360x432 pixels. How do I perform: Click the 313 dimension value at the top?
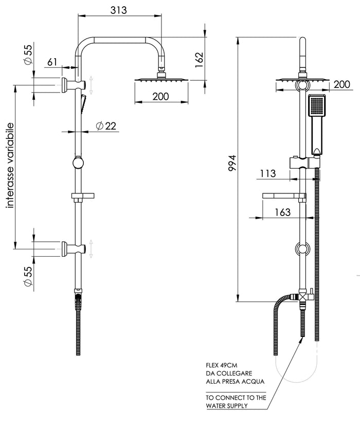coord(119,10)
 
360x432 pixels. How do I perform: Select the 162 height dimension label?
coord(199,60)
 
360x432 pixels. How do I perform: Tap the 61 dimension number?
coord(52,62)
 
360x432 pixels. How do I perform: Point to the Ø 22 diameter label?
coord(106,126)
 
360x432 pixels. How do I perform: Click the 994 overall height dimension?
coord(232,163)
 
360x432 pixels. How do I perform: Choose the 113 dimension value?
coord(268,173)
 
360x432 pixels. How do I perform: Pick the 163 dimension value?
coord(283,212)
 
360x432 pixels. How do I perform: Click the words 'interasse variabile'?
coord(10,165)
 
